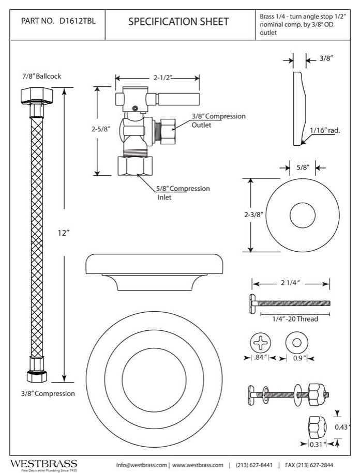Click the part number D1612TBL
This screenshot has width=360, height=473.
(x=79, y=22)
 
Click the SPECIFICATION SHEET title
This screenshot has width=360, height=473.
(x=178, y=22)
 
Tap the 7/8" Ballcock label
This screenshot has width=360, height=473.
(x=41, y=76)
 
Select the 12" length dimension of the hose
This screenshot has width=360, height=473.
(x=64, y=233)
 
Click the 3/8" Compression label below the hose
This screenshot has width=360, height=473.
(x=48, y=393)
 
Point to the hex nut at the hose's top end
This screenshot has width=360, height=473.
(x=34, y=96)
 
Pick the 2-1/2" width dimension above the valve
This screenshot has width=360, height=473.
(x=162, y=78)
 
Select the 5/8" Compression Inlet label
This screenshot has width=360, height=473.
(x=183, y=192)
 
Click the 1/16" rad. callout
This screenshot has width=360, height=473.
(x=325, y=131)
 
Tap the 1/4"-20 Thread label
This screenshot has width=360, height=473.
(x=295, y=319)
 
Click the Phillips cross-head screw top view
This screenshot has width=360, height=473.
(x=261, y=343)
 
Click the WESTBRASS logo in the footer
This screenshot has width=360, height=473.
(x=44, y=464)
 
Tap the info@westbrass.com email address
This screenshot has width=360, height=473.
(x=142, y=464)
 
